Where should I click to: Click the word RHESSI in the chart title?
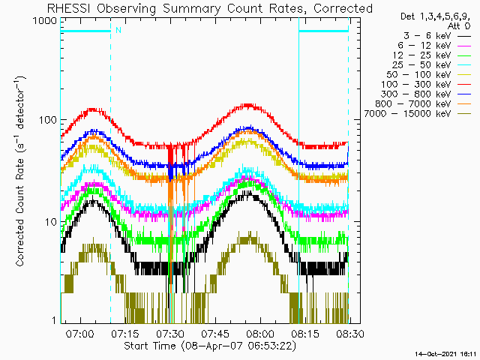(73, 8)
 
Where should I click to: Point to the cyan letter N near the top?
(118, 30)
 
